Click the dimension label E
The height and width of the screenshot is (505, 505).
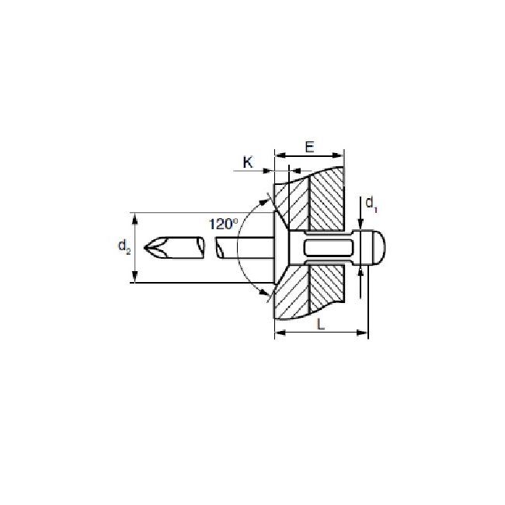click(x=309, y=147)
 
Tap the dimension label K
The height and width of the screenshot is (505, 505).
click(x=248, y=162)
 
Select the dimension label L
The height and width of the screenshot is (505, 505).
click(x=321, y=324)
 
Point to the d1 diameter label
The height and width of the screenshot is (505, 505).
click(x=371, y=204)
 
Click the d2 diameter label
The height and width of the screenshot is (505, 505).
click(x=124, y=247)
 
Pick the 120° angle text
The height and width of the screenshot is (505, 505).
click(x=224, y=225)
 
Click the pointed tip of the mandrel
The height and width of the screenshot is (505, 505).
click(x=145, y=247)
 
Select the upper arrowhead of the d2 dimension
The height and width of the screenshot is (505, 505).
click(x=135, y=218)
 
